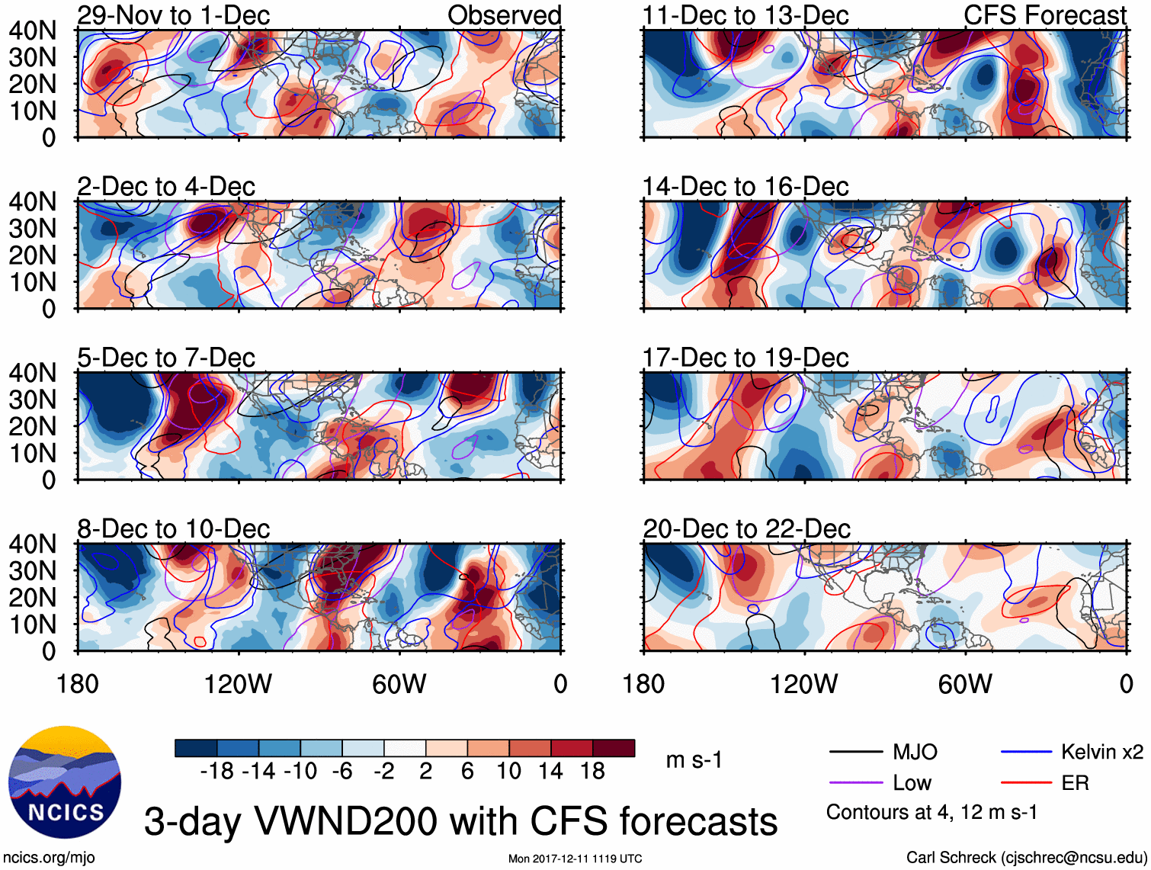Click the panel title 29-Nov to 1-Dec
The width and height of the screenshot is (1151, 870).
coord(173,15)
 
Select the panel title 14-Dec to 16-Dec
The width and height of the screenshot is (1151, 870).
coord(745,187)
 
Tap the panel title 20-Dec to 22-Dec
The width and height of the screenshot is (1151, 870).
coord(746,529)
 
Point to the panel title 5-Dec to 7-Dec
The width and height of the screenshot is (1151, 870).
coord(165,358)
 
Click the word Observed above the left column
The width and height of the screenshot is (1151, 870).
coord(504,15)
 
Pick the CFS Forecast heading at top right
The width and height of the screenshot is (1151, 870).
coord(1044,15)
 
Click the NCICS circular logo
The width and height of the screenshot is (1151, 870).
coord(65,782)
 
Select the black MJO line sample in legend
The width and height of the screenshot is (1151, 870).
coord(856,753)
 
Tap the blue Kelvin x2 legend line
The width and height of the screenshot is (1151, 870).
coord(1026,753)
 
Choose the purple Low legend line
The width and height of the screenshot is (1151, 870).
coord(856,783)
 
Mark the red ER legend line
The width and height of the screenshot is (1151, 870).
coord(1026,783)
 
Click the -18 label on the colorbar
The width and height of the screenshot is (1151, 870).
coord(216,772)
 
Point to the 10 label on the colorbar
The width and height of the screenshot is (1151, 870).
coord(508,772)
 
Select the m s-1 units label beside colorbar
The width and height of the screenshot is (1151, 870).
coord(694,760)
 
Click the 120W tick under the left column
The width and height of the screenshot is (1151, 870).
coord(238,684)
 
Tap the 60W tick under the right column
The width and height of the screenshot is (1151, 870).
coord(965,684)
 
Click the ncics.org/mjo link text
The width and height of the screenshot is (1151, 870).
coord(49,857)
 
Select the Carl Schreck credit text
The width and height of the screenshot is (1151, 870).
coord(1026,857)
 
